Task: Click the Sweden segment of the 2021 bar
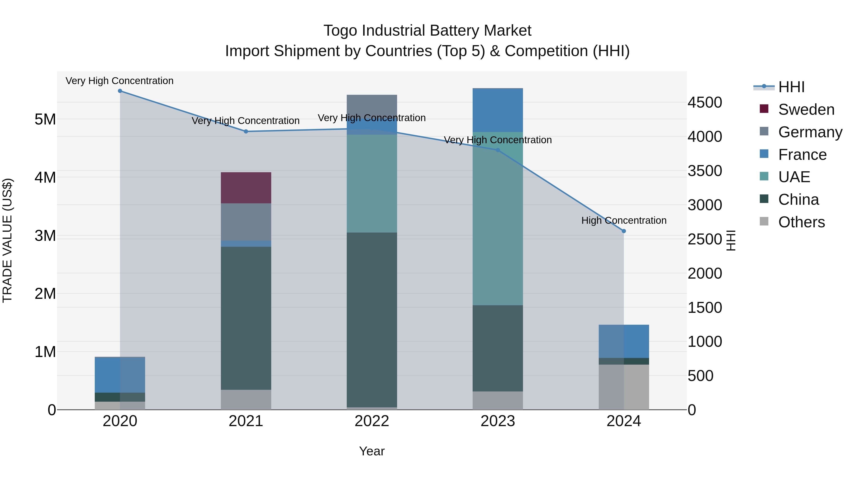(246, 188)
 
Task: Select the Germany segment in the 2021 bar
(246, 222)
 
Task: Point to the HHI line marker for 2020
(120, 91)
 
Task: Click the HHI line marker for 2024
(624, 231)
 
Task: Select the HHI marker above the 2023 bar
(498, 150)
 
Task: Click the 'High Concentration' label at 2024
(624, 220)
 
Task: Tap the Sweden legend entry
(806, 110)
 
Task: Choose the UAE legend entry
(794, 177)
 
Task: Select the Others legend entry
(801, 222)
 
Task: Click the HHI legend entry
(791, 87)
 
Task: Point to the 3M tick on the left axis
(45, 236)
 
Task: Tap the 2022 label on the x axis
(372, 421)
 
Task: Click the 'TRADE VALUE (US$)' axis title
(7, 240)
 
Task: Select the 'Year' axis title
(372, 451)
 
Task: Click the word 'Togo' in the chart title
(341, 31)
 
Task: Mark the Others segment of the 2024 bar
(624, 387)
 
